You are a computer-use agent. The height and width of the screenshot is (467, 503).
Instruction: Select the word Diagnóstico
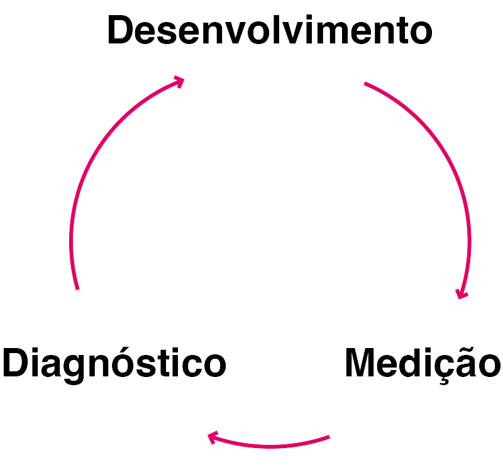pos(114,363)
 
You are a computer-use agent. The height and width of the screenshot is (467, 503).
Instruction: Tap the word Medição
pos(423,363)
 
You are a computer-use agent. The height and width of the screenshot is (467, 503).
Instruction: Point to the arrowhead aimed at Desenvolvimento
pos(179,81)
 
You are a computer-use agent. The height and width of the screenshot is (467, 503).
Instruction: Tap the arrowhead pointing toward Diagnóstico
pos(213,436)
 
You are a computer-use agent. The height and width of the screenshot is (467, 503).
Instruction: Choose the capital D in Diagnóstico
pos(15,363)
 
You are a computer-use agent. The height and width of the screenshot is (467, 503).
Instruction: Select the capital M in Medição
pos(361,363)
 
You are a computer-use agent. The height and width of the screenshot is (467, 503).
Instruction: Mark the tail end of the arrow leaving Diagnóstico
pos(77,289)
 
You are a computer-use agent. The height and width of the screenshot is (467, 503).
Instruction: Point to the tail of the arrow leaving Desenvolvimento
pos(363,83)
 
